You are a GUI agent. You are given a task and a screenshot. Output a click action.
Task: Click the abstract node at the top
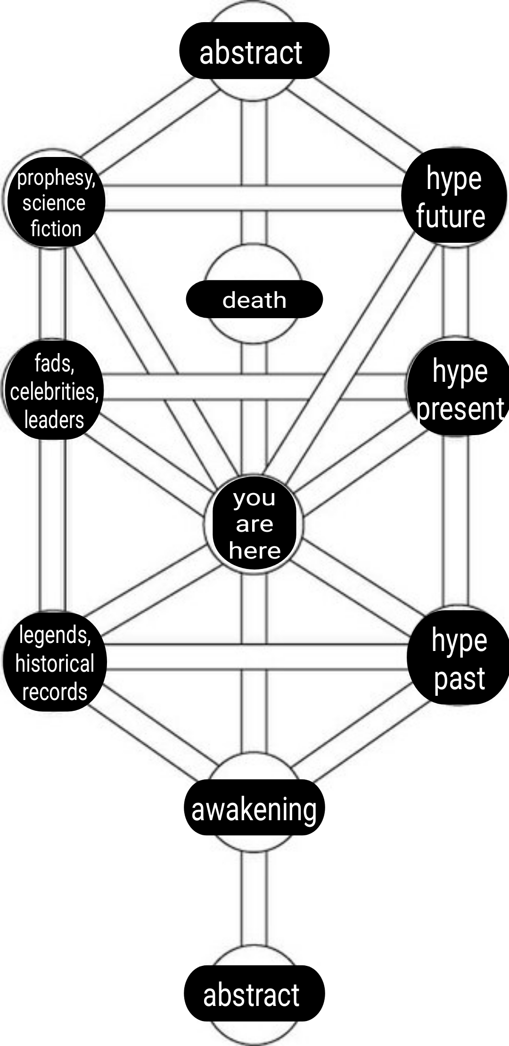(254, 50)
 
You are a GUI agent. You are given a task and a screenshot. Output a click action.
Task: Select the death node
(254, 299)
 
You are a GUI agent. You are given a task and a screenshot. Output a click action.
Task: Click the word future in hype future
(451, 216)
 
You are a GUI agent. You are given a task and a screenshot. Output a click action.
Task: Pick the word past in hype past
(460, 679)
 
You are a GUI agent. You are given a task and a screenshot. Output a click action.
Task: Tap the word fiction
(56, 229)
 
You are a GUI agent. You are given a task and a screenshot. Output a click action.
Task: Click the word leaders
(54, 420)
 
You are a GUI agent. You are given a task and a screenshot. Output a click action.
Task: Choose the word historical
(55, 664)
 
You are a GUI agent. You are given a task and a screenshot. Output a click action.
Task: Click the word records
(55, 692)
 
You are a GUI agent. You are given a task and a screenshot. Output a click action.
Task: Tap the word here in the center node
(254, 550)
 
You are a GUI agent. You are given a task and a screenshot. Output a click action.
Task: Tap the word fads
(54, 363)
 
